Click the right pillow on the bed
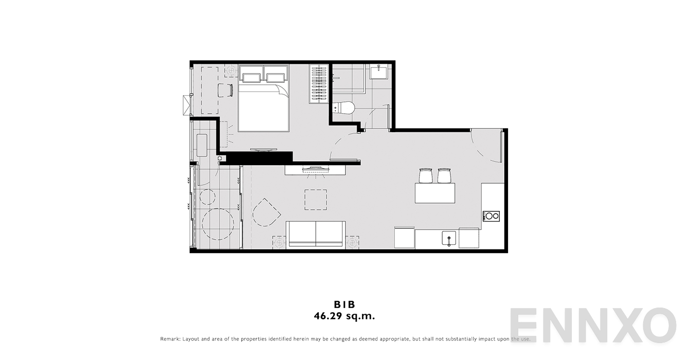tap(276, 78)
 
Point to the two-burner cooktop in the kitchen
tap(491, 216)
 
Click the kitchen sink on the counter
tap(449, 239)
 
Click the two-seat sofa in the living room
tap(316, 234)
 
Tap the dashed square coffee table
tap(316, 200)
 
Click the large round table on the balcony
tap(218, 224)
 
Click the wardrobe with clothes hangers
tap(319, 84)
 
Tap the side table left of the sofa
tap(279, 243)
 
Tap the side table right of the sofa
tap(352, 243)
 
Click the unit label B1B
tap(344, 304)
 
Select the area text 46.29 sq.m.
tap(344, 316)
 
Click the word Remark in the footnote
tap(170, 339)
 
